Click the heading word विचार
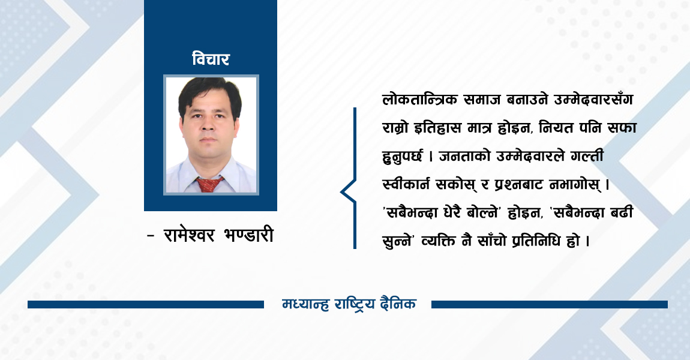(211, 59)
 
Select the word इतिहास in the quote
(440, 128)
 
